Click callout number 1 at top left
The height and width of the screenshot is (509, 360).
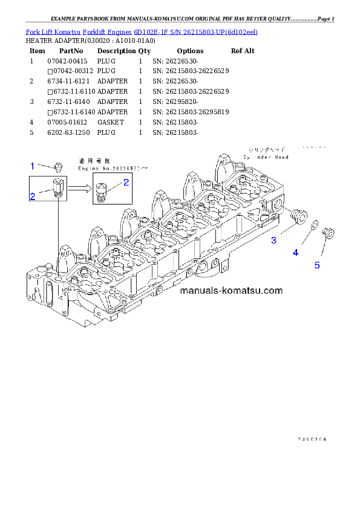click(x=33, y=165)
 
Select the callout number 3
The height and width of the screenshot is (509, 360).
click(x=274, y=241)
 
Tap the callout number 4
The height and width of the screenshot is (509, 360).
click(x=296, y=253)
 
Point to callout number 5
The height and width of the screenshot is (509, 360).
click(x=317, y=265)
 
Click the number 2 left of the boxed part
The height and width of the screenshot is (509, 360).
click(x=33, y=196)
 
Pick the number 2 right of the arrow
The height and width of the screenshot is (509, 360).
click(x=126, y=182)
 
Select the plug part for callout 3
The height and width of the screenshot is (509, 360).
click(x=297, y=216)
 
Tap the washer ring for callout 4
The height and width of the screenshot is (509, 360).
click(x=315, y=226)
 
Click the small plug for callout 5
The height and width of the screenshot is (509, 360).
click(x=329, y=232)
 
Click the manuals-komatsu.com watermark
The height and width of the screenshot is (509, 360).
click(x=232, y=291)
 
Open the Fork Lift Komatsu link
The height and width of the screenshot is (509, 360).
click(x=48, y=31)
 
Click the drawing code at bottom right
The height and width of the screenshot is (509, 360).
click(x=312, y=440)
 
